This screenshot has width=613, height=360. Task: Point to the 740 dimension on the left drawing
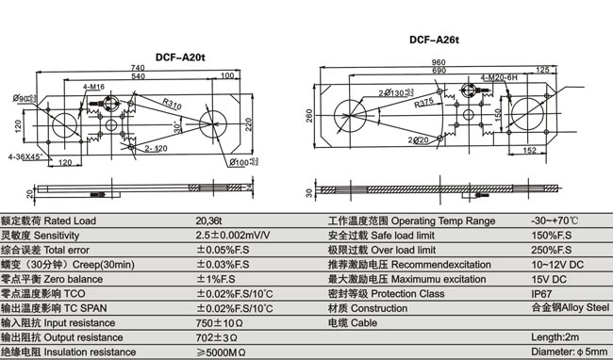[x=138, y=68]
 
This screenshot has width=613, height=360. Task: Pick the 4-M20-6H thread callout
[x=498, y=77]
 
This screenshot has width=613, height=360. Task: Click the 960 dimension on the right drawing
[x=438, y=61]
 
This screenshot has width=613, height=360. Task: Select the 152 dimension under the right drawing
[x=530, y=150]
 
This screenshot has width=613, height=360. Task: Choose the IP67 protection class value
[x=543, y=293]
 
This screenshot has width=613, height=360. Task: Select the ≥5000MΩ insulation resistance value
[x=223, y=352]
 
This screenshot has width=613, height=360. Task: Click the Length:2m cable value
[x=555, y=336]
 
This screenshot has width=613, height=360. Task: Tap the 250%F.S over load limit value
[x=552, y=250]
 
